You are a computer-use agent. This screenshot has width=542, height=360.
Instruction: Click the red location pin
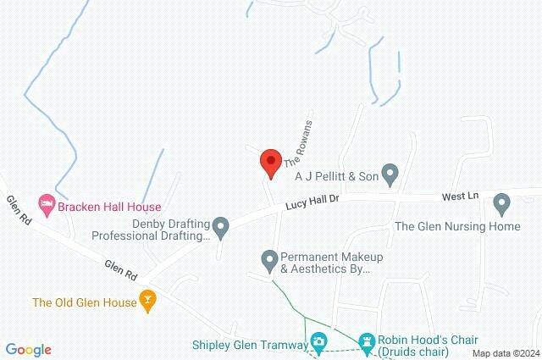pos(270,162)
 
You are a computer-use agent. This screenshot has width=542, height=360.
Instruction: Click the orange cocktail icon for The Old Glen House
pos(149,301)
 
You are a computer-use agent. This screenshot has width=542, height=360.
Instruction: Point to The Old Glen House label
pos(83,302)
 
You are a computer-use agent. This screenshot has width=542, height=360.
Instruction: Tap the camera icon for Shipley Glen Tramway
pos(318,342)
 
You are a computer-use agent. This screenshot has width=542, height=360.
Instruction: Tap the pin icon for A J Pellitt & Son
pos(390,174)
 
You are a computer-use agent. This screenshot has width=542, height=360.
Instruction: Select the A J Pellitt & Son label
pos(335,175)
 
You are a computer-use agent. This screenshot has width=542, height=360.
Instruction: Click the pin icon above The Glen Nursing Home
pos(501,203)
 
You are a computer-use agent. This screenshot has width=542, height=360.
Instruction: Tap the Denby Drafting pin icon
pos(221,226)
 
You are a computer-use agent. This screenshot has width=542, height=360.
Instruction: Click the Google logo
pos(29,350)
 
